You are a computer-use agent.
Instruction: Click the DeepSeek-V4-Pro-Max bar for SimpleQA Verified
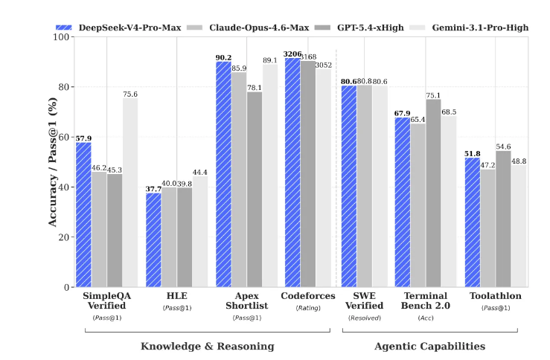click(x=83, y=215)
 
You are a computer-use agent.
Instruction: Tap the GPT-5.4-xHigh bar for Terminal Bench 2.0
click(x=433, y=193)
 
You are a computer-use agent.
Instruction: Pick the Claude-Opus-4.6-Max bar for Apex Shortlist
click(x=239, y=179)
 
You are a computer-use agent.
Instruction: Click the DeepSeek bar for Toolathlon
click(x=472, y=222)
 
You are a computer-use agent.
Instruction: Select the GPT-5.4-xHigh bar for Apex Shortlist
click(x=255, y=190)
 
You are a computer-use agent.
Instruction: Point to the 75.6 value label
click(x=130, y=94)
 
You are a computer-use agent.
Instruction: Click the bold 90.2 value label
click(x=223, y=57)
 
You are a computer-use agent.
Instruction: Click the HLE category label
click(x=162, y=296)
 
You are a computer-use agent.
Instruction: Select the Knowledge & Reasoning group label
click(x=208, y=346)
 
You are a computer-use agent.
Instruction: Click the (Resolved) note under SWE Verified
click(x=365, y=318)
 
